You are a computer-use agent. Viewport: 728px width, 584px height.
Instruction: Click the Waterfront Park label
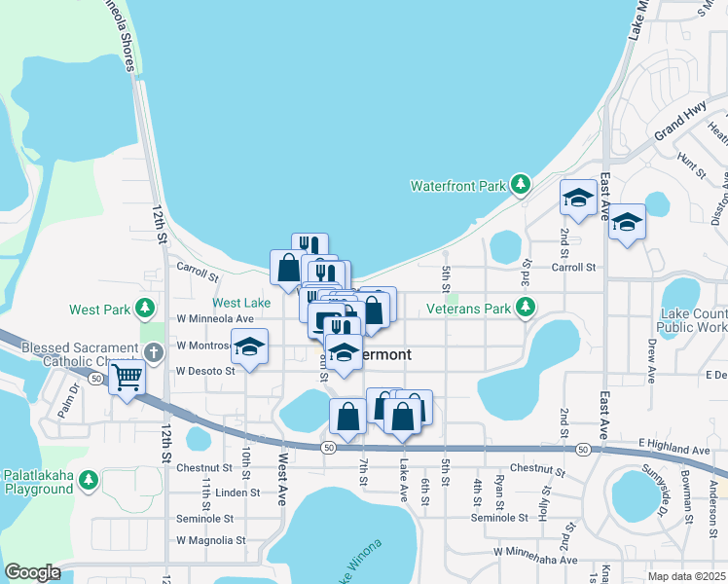[458, 185]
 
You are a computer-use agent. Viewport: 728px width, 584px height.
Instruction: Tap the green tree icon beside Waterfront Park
[521, 184]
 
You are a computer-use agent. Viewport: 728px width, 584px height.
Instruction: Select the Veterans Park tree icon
[526, 309]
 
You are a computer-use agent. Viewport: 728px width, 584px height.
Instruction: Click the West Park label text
[99, 310]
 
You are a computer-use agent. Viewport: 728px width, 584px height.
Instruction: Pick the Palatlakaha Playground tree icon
[89, 480]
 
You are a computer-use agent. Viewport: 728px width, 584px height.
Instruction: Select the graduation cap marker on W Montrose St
[249, 347]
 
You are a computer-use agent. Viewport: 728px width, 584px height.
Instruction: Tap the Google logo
[31, 572]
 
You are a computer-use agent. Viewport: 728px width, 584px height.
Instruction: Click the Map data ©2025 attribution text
[686, 576]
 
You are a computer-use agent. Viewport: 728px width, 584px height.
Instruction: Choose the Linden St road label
[237, 493]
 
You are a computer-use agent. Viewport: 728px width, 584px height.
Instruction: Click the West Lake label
[241, 304]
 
